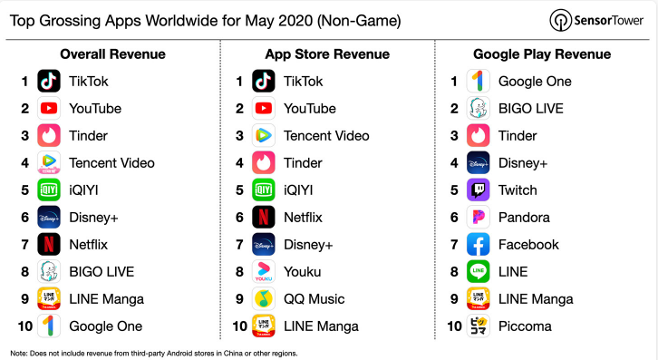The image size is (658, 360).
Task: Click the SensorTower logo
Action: pyautogui.click(x=596, y=20)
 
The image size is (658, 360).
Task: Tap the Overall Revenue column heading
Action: pyautogui.click(x=112, y=54)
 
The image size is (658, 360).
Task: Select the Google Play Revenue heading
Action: pyautogui.click(x=542, y=54)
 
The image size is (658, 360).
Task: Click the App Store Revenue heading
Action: pyautogui.click(x=327, y=54)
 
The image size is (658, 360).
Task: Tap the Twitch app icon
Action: pyautogui.click(x=478, y=190)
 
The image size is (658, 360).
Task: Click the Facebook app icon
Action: pyautogui.click(x=478, y=245)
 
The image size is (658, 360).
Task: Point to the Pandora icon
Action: pyautogui.click(x=478, y=217)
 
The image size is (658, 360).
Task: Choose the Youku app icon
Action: pyautogui.click(x=264, y=272)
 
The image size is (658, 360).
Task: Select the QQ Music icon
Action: pyautogui.click(x=264, y=299)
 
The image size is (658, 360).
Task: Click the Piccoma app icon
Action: pyautogui.click(x=478, y=326)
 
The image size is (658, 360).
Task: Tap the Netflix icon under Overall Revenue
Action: pyautogui.click(x=49, y=245)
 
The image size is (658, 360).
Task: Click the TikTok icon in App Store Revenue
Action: pyautogui.click(x=264, y=81)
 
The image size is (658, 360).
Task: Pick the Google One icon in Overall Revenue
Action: pyautogui.click(x=49, y=326)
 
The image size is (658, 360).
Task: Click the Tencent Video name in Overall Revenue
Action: pyautogui.click(x=111, y=163)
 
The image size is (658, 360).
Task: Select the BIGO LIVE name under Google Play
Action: pyautogui.click(x=531, y=109)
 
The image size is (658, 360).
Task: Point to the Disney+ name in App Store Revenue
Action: pyautogui.click(x=308, y=245)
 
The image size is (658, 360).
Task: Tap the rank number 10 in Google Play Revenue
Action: pyautogui.click(x=454, y=326)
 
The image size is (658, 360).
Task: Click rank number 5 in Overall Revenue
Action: pyautogui.click(x=25, y=190)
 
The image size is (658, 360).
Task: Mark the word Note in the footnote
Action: pyautogui.click(x=18, y=354)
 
